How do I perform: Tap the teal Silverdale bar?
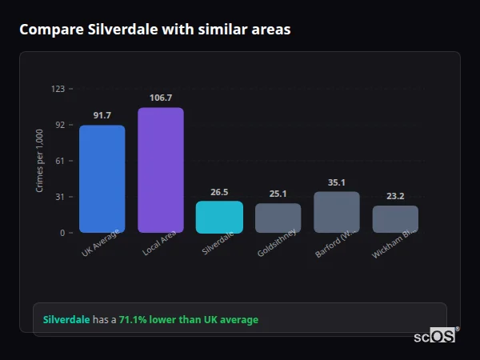[219, 216]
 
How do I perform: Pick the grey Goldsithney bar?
[278, 218]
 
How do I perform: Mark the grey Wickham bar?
[395, 218]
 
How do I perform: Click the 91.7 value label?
[102, 116]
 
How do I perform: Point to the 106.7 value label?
[160, 98]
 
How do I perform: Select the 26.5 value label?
[219, 192]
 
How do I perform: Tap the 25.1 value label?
[278, 194]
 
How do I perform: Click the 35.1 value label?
[337, 182]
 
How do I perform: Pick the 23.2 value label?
[395, 196]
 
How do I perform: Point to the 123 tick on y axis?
[58, 89]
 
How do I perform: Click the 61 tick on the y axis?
[60, 161]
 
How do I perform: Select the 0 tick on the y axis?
[62, 233]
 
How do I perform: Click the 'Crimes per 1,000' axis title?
[40, 161]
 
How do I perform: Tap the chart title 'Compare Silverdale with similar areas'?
[154, 30]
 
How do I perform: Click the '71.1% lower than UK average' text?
[189, 320]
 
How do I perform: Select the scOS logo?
[435, 336]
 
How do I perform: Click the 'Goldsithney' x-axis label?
[277, 245]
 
